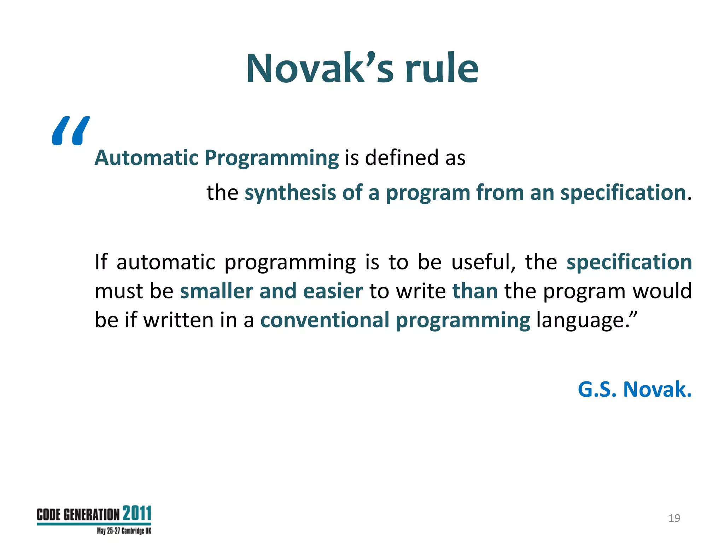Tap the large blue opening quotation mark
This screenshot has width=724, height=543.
coord(70,131)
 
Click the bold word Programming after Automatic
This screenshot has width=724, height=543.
coord(271,158)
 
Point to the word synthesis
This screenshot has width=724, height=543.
coord(290,193)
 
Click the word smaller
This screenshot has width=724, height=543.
coord(216,291)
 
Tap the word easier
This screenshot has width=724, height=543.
coord(333,291)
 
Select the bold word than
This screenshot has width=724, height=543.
coord(475,291)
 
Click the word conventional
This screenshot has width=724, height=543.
coord(325,320)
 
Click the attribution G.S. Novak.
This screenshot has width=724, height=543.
coord(635,389)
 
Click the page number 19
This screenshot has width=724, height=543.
coord(674,518)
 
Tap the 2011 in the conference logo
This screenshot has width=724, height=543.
coord(137,513)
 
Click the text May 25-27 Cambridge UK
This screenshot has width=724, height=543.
coord(124,531)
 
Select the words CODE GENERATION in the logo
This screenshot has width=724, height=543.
coord(78,515)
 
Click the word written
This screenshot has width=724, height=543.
coord(179,320)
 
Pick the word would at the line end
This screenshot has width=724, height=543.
coord(662,291)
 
